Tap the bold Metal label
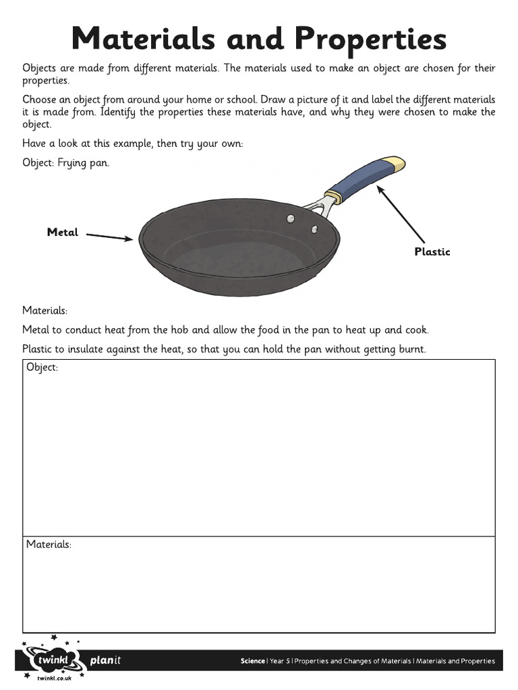63,232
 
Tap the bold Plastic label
432,252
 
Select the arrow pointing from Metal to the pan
110,237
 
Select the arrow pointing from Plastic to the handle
401,214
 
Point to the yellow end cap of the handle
394,164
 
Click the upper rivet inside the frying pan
291,218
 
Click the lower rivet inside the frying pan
314,230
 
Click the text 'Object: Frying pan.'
65,163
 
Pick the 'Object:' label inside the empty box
42,368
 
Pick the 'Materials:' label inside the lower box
49,544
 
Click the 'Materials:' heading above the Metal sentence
45,311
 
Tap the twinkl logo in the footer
54,658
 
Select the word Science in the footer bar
253,661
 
